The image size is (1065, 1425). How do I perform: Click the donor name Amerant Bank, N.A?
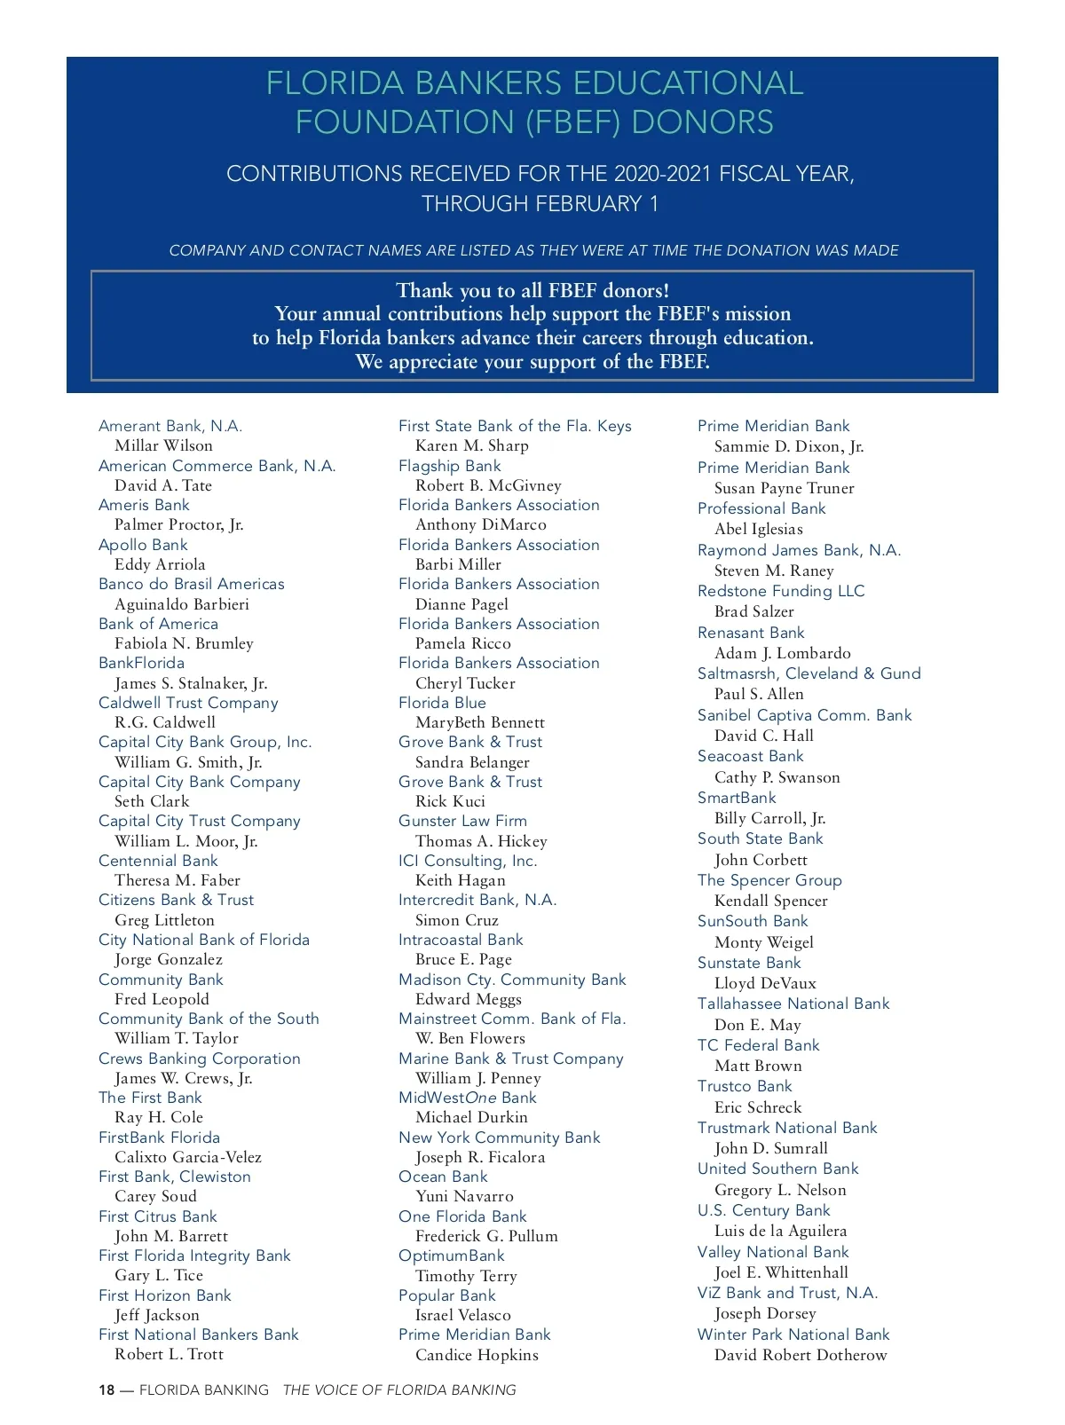170,426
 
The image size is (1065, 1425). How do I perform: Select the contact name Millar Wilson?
163,445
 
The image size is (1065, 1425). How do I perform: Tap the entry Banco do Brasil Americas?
192,584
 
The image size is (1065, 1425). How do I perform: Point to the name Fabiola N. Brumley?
184,643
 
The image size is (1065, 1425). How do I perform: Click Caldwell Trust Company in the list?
188,703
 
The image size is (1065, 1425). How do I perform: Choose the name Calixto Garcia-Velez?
188,1157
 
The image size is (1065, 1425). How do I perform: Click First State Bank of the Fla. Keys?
515,426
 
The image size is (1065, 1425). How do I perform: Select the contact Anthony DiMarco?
481,524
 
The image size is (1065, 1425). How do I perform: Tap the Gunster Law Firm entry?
462,821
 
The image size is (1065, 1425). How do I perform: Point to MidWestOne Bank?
468,1098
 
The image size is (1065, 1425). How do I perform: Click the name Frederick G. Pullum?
486,1236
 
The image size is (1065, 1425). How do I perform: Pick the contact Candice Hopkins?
477,1355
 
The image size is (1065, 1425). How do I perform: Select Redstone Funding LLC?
781,591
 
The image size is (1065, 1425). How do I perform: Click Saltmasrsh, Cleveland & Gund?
809,673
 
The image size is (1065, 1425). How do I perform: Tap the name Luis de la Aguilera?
780,1231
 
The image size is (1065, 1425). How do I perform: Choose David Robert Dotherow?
801,1355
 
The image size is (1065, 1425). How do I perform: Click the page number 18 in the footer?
106,1390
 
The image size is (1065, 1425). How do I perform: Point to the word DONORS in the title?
702,122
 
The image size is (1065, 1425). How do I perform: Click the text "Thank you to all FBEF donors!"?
532,290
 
